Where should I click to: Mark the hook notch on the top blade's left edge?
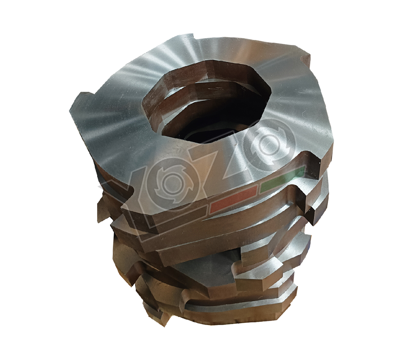81,96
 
